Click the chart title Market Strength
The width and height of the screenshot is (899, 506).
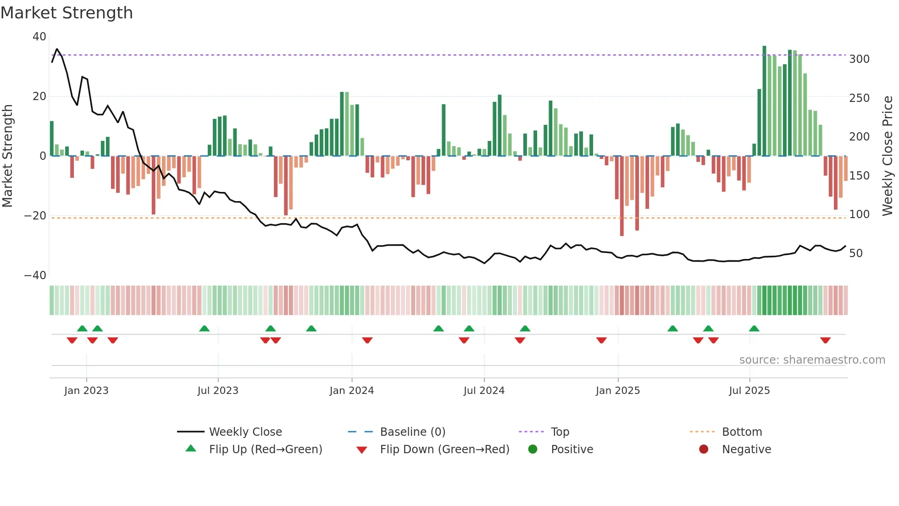[67, 13]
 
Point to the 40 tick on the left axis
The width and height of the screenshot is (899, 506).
[39, 37]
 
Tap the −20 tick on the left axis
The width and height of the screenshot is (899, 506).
[35, 216]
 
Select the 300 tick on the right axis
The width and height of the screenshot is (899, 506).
[859, 59]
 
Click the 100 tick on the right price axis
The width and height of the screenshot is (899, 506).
[859, 214]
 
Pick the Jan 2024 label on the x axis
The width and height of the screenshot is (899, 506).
[351, 391]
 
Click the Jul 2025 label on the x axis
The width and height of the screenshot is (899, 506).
[749, 391]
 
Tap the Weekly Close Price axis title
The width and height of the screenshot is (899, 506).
[888, 156]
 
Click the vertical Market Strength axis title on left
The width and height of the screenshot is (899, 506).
[7, 156]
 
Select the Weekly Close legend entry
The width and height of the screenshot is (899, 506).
[245, 432]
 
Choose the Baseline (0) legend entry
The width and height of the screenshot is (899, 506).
[412, 432]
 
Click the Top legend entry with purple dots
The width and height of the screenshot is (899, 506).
[560, 432]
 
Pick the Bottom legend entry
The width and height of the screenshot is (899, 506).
[742, 432]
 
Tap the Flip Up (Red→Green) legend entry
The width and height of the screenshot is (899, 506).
[265, 450]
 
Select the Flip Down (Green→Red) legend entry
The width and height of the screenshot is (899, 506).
[444, 450]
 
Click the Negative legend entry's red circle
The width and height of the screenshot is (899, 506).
[704, 449]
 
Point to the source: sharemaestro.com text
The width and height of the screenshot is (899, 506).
[812, 360]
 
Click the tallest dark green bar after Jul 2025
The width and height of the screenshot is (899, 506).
[764, 101]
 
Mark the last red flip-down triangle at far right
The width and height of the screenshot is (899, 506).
[825, 340]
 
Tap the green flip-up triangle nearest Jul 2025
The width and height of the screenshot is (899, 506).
[754, 328]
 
